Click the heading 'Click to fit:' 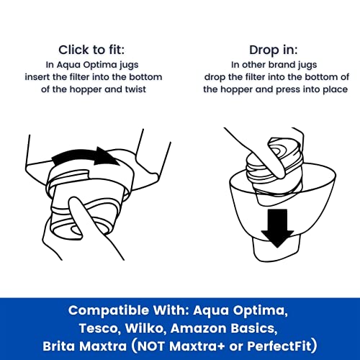click(91, 50)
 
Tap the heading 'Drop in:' click(274, 50)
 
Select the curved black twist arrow click(84, 156)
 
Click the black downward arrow click(277, 228)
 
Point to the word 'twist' click(135, 89)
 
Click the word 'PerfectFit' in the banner click(279, 346)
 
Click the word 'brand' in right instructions click(282, 65)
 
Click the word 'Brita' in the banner click(59, 346)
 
